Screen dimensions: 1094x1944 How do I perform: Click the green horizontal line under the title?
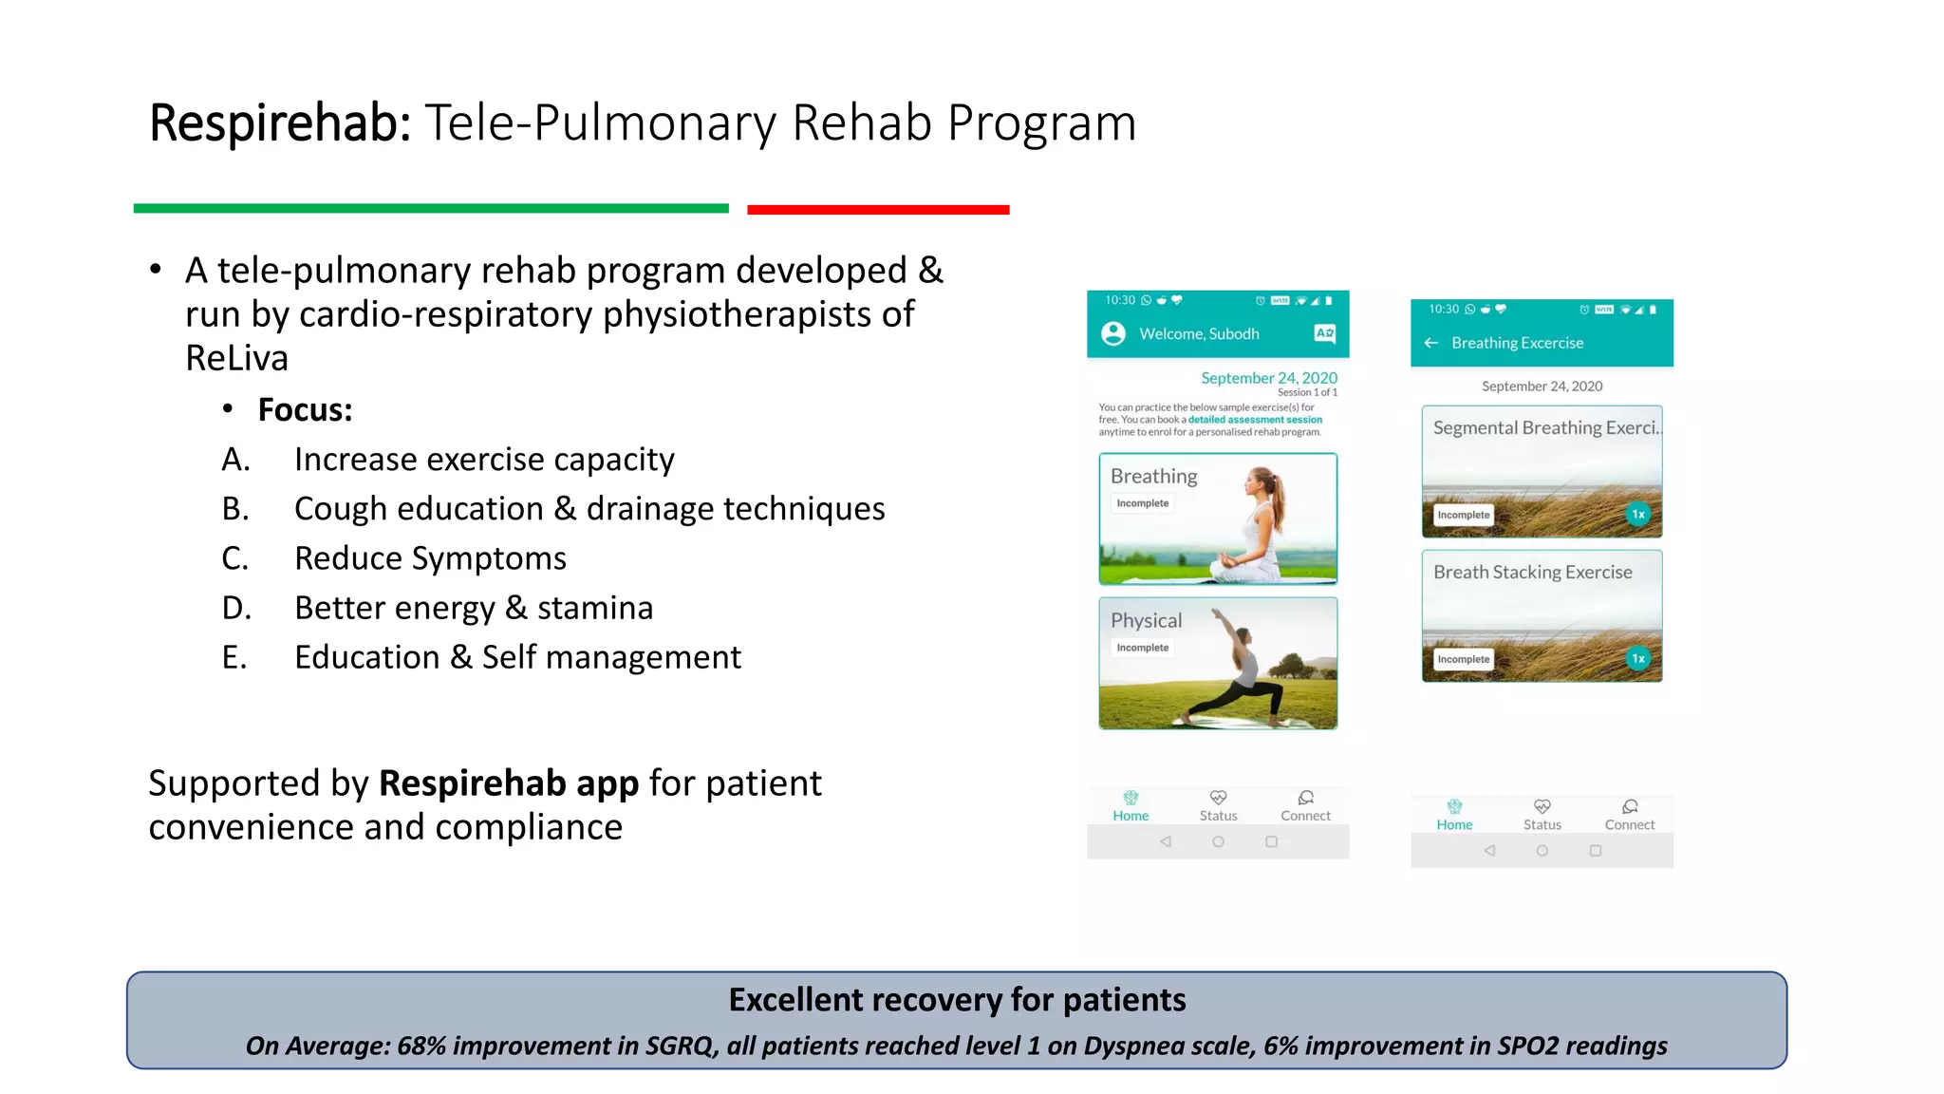tap(431, 208)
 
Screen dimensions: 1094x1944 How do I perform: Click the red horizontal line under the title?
tap(878, 209)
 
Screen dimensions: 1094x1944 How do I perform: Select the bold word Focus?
tap(305, 410)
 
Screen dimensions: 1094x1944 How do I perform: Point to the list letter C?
tap(234, 558)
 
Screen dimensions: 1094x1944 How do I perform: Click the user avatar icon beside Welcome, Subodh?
tap(1112, 333)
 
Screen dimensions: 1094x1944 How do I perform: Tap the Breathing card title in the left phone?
tap(1153, 476)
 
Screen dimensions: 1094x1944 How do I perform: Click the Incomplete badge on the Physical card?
tap(1142, 648)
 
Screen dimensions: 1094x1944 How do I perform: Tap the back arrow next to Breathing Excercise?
tap(1431, 343)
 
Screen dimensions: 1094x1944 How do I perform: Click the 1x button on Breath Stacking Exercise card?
tap(1637, 658)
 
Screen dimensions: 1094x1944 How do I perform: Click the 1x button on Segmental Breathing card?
tap(1637, 514)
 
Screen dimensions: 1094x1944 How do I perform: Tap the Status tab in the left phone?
tap(1218, 806)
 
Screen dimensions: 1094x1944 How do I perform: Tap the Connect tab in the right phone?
tap(1629, 815)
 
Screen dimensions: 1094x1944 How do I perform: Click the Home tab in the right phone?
tap(1454, 815)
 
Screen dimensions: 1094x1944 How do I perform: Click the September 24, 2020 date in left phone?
tap(1268, 378)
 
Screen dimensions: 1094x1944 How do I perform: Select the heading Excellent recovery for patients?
tap(957, 1000)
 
